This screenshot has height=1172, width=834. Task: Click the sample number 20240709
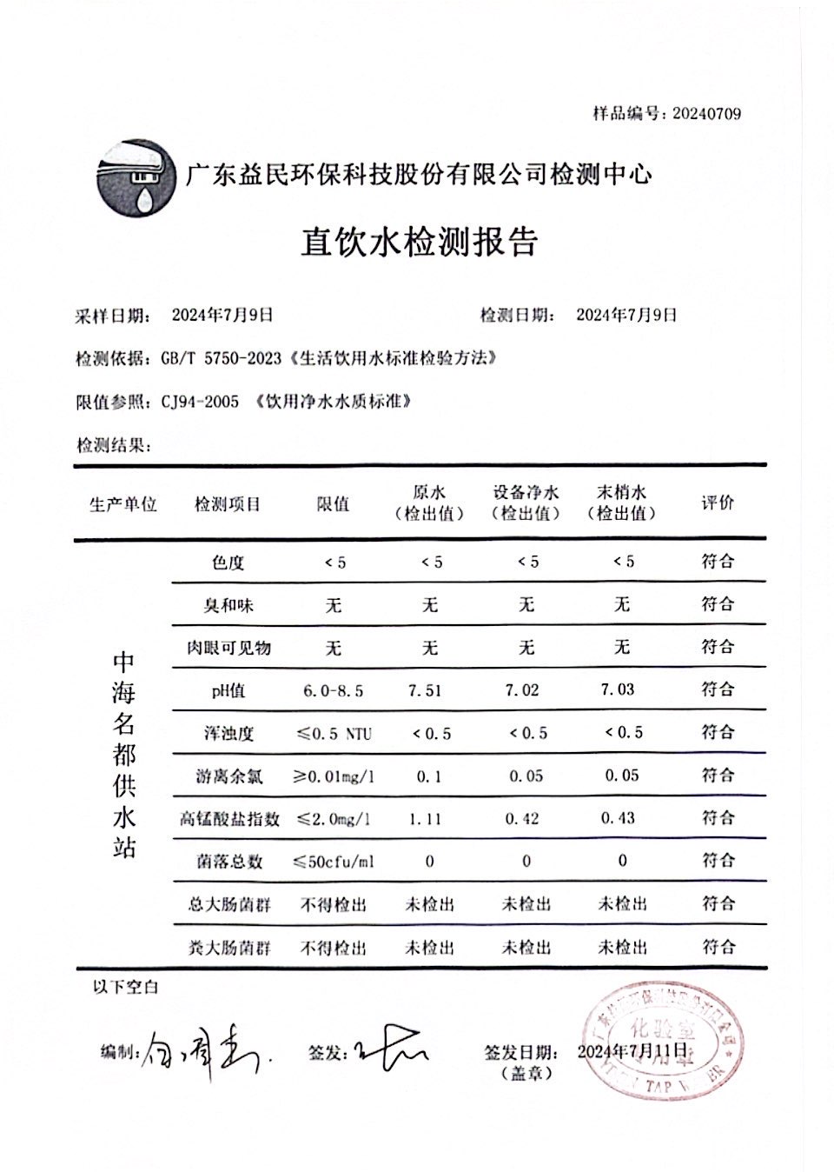[706, 114]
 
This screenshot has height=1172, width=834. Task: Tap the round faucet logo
[135, 176]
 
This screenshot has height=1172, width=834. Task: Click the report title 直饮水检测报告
[419, 242]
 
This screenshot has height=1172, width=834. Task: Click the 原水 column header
[429, 493]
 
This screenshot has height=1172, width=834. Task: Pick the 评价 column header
[718, 503]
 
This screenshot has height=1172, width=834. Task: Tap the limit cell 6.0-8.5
[333, 691]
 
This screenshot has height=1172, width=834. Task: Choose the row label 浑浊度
[228, 733]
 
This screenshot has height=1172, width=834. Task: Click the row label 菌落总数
[228, 862]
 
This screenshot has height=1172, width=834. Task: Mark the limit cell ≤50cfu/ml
[333, 862]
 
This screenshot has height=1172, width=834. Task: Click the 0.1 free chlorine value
[428, 776]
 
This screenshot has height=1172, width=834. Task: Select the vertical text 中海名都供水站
[124, 755]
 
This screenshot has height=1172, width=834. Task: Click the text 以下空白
[125, 987]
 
